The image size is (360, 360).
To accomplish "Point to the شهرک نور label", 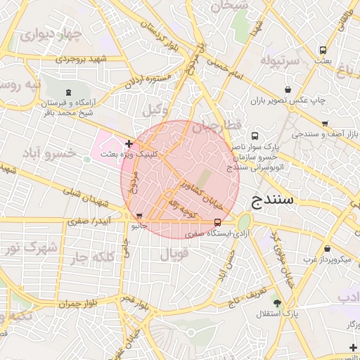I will (30, 248).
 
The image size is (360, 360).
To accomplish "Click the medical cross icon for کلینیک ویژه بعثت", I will (128, 143).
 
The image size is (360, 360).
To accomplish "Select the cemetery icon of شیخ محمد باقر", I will (68, 93).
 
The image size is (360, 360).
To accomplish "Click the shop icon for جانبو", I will (139, 217).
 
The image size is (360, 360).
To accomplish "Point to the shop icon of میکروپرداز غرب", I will (328, 248).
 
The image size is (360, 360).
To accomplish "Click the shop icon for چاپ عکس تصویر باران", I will (288, 90).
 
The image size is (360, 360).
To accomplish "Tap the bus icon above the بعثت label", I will (323, 51).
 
